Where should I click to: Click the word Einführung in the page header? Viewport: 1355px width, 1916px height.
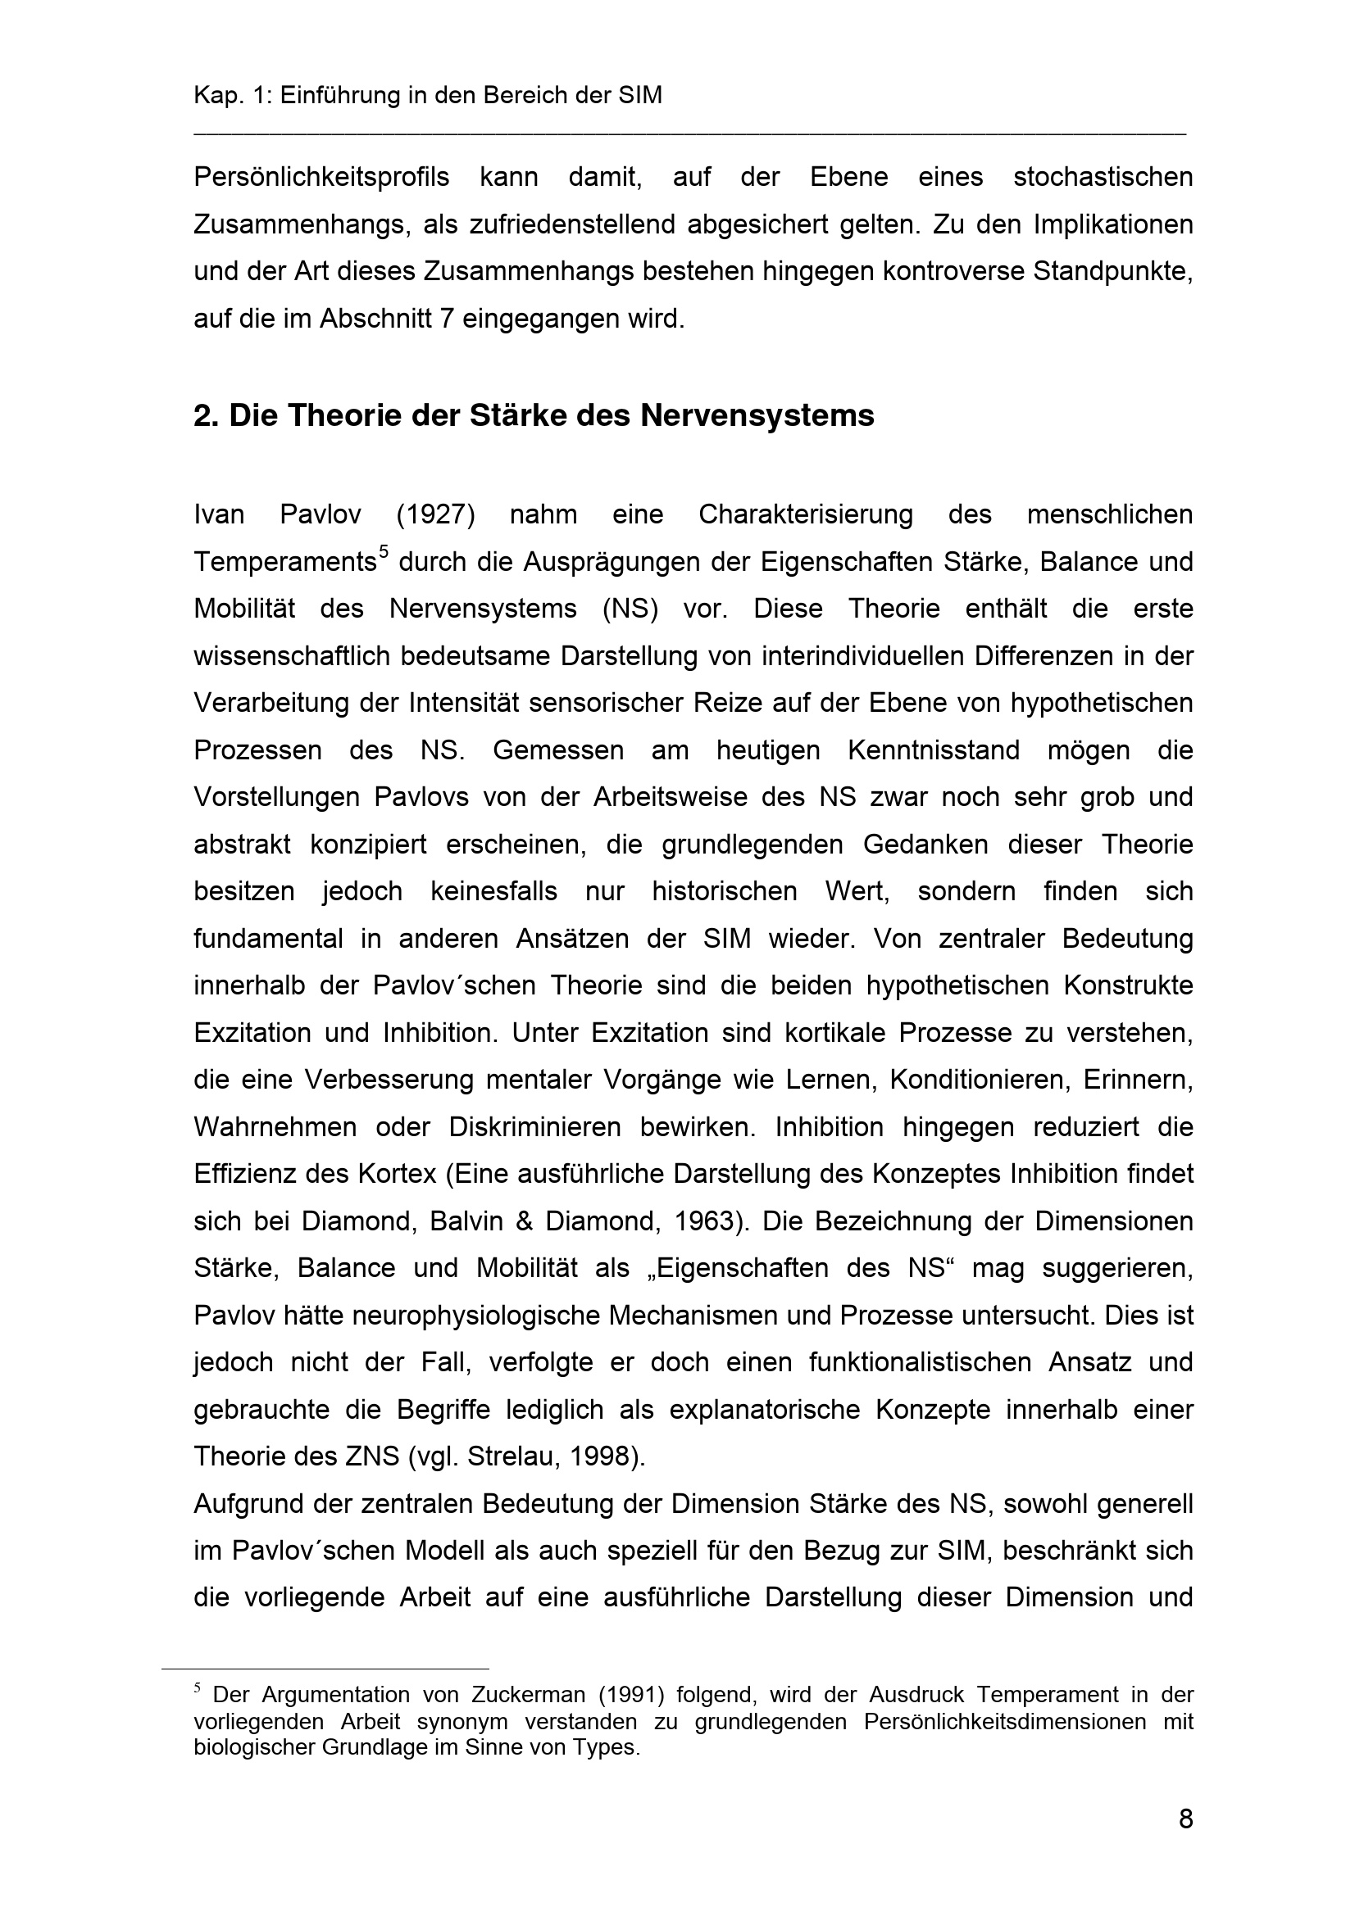pyautogui.click(x=339, y=96)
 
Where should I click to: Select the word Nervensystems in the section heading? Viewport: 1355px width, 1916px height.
pyautogui.click(x=757, y=414)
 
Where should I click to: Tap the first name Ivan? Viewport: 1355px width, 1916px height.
pyautogui.click(x=219, y=515)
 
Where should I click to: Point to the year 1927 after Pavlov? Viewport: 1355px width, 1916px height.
pyautogui.click(x=436, y=515)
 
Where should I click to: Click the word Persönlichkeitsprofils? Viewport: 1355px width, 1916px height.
pyautogui.click(x=321, y=178)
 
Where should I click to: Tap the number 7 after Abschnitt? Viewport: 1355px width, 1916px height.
pyautogui.click(x=447, y=319)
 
